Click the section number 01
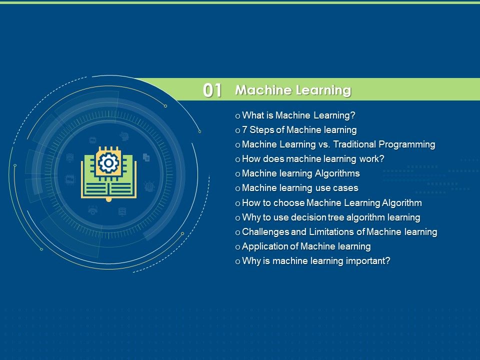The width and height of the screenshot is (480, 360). tap(212, 90)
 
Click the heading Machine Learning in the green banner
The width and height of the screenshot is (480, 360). tap(293, 90)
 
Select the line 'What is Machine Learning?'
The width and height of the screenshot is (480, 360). tap(298, 115)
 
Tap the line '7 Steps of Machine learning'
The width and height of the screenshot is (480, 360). tap(299, 130)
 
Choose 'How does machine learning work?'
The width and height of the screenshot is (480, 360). tap(313, 159)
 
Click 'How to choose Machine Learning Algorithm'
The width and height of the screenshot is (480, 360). tap(332, 203)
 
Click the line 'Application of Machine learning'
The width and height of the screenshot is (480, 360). tap(306, 246)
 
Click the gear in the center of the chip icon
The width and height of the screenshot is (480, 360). tap(108, 163)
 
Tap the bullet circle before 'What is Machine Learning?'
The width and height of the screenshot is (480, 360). tap(237, 116)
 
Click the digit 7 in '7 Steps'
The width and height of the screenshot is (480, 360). tap(244, 130)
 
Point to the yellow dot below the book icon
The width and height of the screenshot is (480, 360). tap(108, 199)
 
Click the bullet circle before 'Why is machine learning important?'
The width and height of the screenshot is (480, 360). tap(237, 261)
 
